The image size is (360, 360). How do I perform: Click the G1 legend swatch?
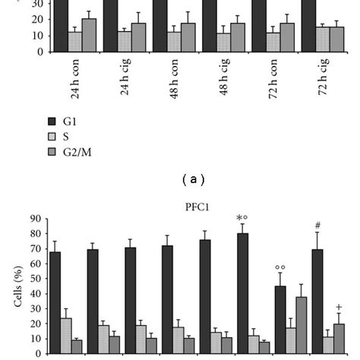coord(52,121)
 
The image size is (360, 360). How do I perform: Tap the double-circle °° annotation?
coord(279,267)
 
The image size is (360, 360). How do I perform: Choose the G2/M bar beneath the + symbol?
coord(338,338)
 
